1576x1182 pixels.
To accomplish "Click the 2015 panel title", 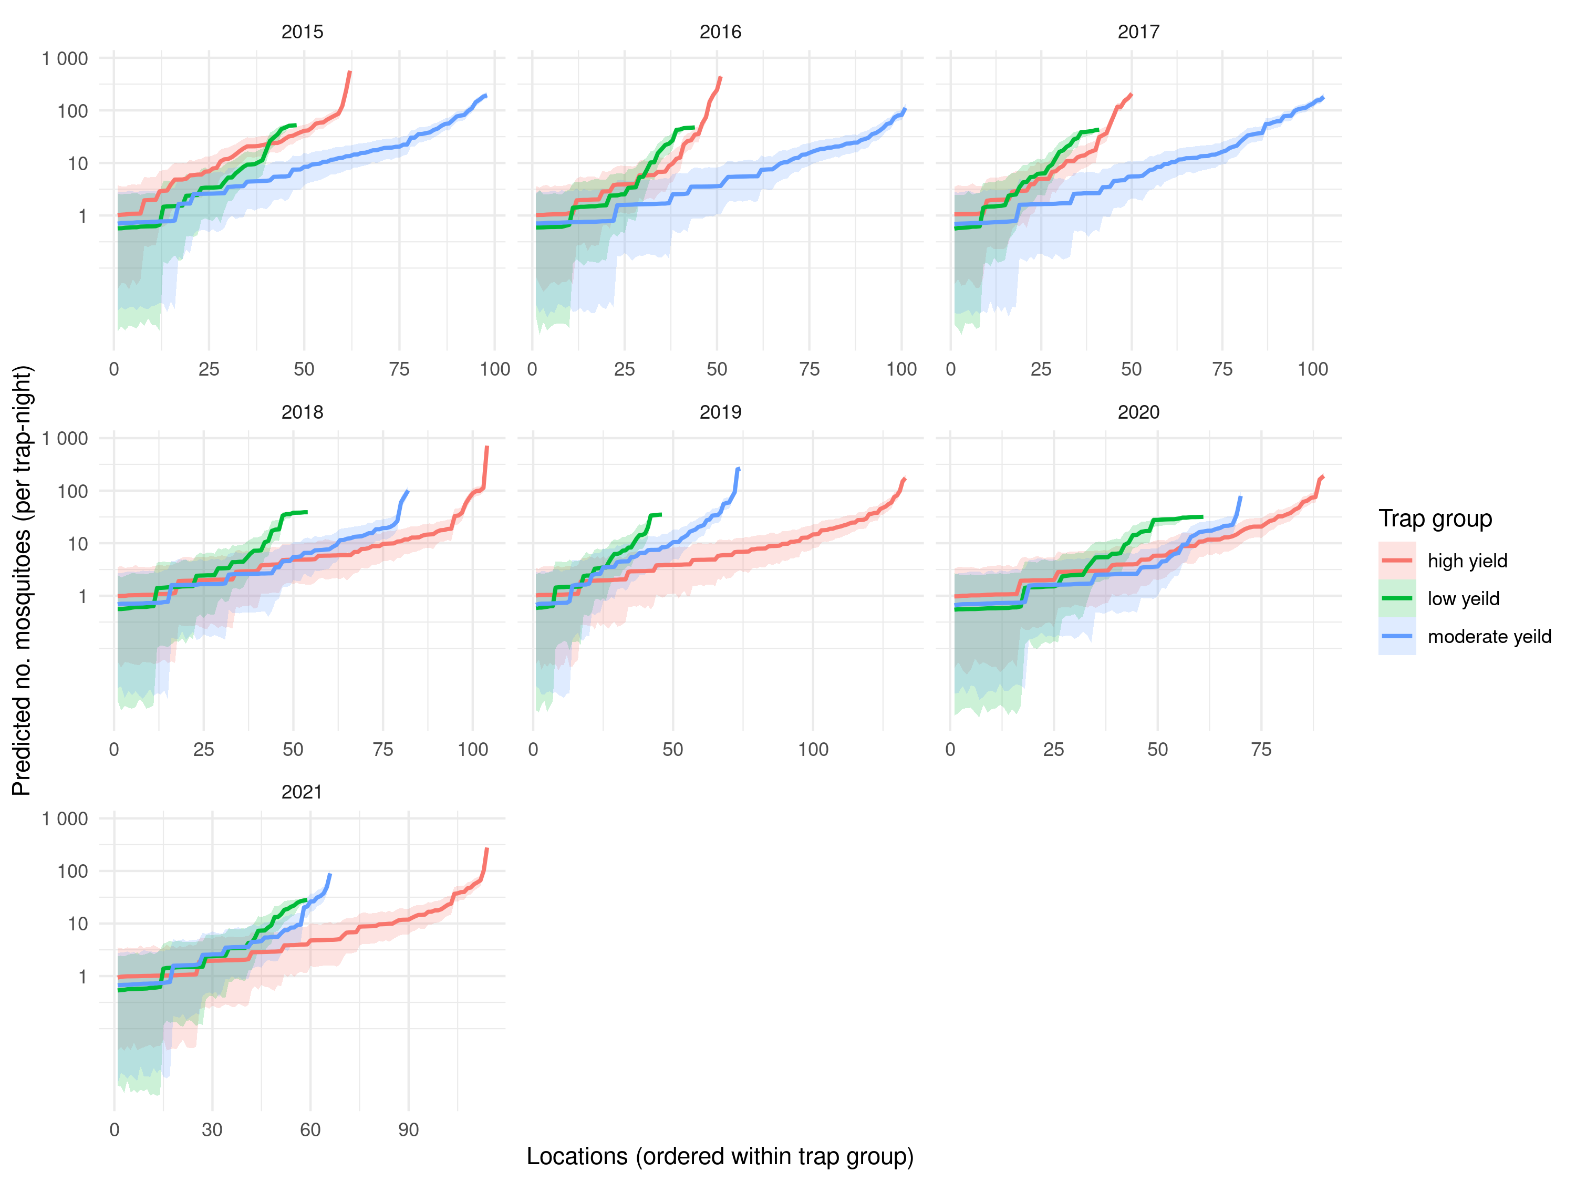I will pos(302,32).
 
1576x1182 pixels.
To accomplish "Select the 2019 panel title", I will pos(720,412).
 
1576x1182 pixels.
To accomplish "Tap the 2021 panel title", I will pos(302,792).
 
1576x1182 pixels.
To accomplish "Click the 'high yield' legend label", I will pos(1467,561).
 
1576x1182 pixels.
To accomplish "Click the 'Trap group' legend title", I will pos(1435,519).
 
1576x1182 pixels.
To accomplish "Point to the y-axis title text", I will pos(22,580).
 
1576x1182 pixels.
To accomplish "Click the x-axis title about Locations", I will pos(720,1156).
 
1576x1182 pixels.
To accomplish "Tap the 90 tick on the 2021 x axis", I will pos(408,1129).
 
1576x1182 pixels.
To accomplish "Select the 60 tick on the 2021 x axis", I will pos(310,1129).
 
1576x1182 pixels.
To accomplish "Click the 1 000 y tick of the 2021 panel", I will pos(65,818).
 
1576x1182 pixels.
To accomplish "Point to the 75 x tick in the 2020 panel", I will pos(1261,750).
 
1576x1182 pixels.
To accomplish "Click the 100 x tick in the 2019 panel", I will pos(813,750).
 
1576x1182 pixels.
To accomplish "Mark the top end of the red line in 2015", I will pos(350,72).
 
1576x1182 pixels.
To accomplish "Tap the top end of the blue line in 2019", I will pos(739,468).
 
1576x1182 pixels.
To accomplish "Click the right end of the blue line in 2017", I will pos(1323,98).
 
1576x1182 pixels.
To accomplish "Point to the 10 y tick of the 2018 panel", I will pos(78,544).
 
